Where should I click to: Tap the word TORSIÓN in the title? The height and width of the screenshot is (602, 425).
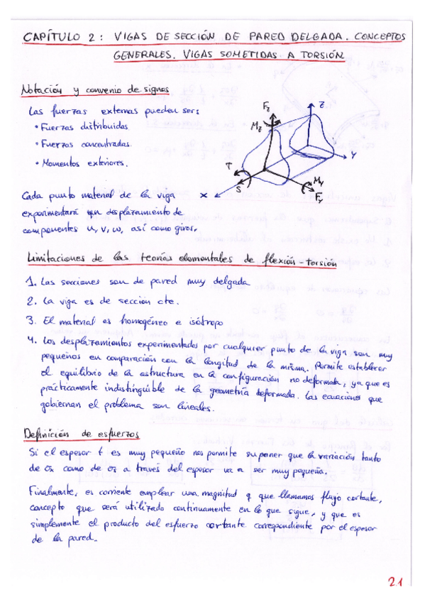pos(315,55)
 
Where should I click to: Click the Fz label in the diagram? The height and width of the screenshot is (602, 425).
pos(264,107)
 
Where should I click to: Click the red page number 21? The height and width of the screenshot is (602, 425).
pos(394,583)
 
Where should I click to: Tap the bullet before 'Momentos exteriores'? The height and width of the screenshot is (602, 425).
pos(36,163)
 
